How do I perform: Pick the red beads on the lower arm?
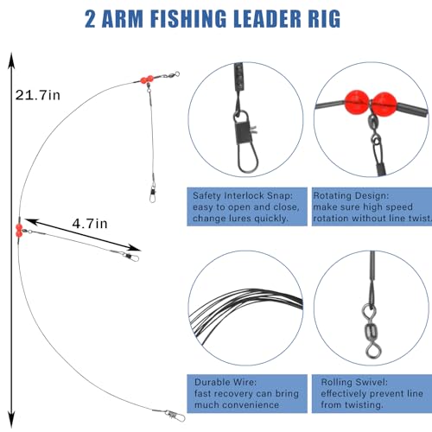pyautogui.click(x=17, y=229)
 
